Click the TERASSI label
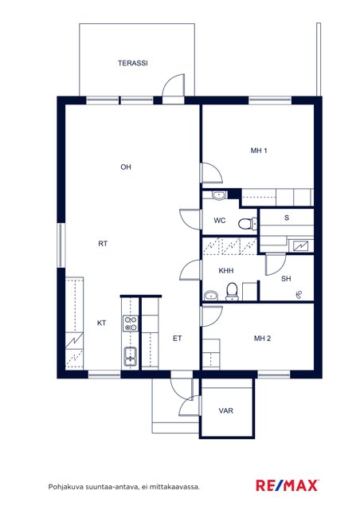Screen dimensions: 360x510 133,63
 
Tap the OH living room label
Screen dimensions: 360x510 126,167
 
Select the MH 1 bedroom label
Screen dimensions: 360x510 259,151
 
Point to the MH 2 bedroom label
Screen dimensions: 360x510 263,339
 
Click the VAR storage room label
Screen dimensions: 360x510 226,411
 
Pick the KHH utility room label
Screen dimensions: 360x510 226,271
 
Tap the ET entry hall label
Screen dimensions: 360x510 178,339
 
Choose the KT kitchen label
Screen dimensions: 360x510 101,323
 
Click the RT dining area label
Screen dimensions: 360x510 103,244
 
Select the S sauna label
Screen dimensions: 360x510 287,218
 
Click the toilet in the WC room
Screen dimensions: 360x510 248,224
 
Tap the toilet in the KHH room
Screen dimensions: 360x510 232,292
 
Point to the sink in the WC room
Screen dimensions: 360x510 219,195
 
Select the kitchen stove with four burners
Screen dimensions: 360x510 131,324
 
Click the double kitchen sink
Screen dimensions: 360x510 131,356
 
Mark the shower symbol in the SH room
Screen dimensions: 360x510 299,295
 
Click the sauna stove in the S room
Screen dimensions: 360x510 300,245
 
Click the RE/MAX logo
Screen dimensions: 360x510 287,485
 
